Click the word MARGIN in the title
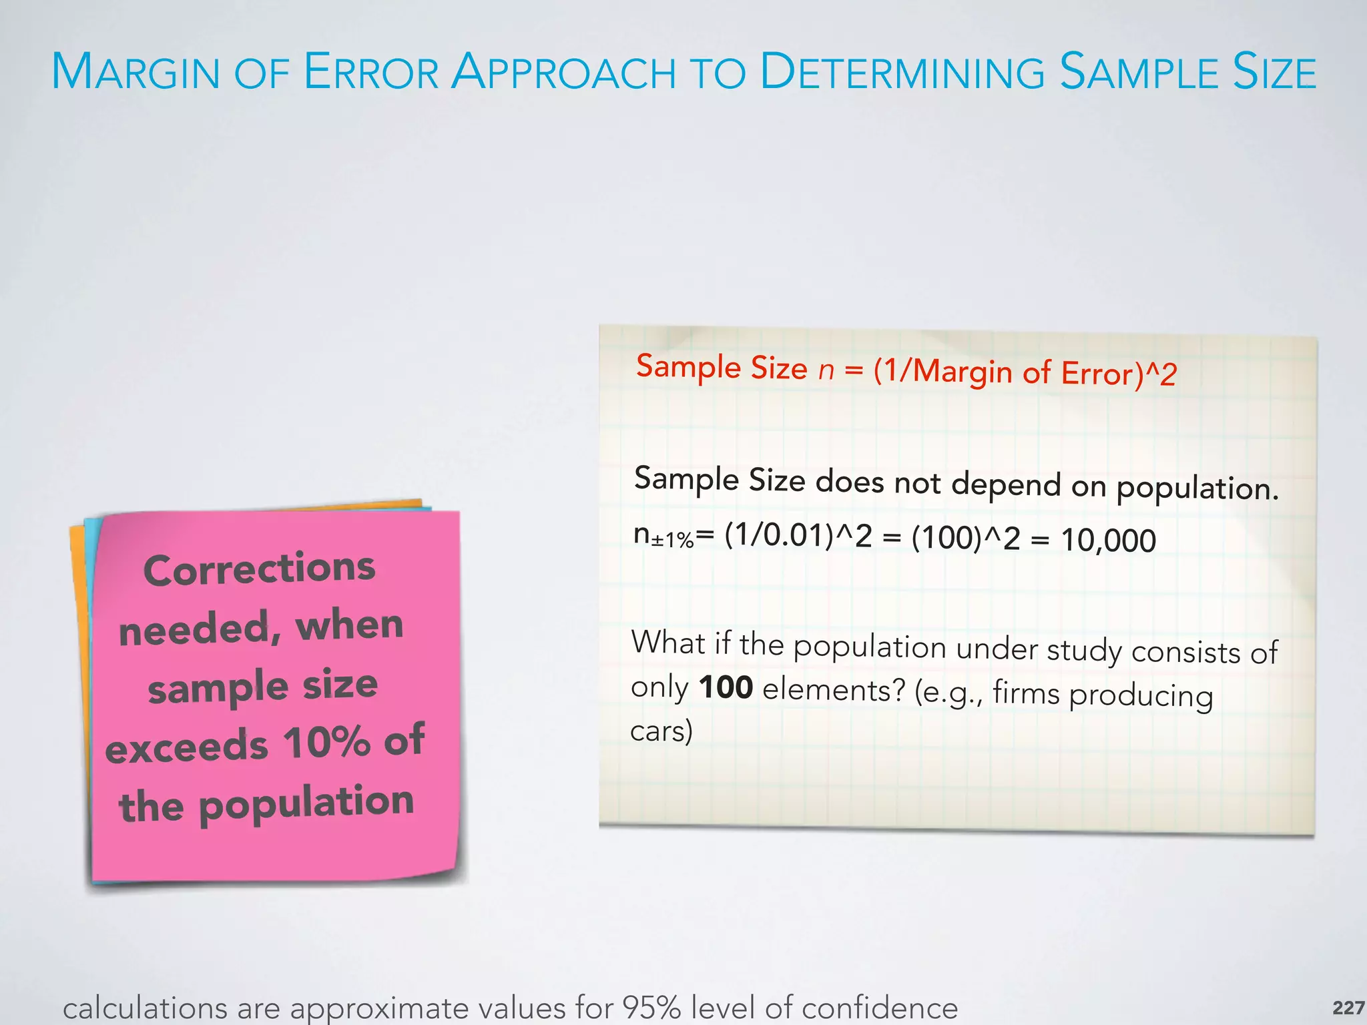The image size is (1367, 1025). coord(136,72)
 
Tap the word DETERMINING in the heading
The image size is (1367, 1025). coord(902,72)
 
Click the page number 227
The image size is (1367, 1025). coord(1348,1008)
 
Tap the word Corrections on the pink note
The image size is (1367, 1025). coord(260,569)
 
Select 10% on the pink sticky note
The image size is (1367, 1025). coord(326,742)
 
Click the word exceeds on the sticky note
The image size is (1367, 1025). coord(187,747)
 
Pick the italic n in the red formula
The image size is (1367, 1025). coord(826,369)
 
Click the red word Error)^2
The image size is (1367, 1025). coord(1118,374)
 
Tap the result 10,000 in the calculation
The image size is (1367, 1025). coord(1108,540)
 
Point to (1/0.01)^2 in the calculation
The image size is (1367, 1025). coord(798,536)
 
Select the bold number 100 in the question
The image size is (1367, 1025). coord(726,687)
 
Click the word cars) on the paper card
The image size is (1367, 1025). coord(661,731)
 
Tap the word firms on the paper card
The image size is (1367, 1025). coord(1026,693)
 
